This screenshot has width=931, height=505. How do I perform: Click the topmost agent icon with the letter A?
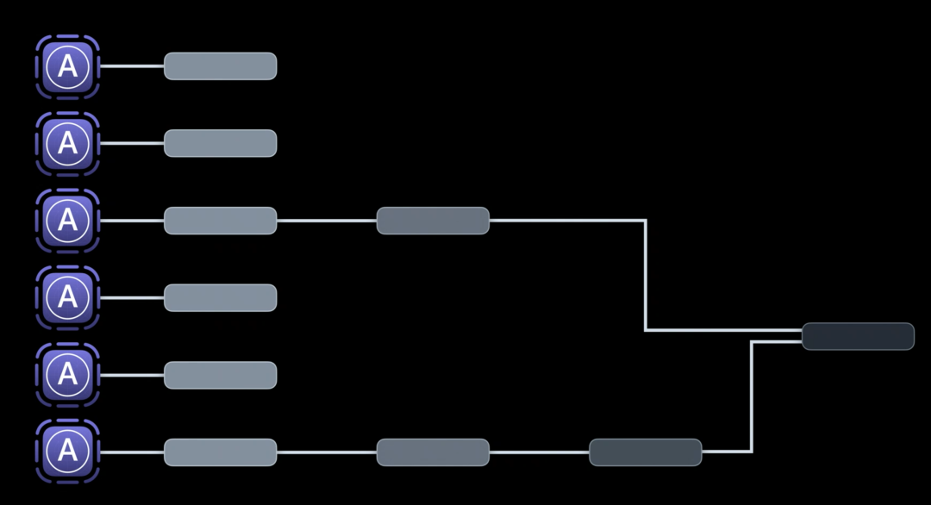click(67, 66)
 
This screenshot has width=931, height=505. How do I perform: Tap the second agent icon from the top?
click(67, 143)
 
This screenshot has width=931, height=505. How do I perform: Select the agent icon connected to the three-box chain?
click(67, 452)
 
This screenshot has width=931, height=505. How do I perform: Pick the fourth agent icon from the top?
click(67, 297)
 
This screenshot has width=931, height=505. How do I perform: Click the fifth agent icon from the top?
click(67, 375)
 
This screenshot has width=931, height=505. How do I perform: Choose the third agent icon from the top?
click(67, 221)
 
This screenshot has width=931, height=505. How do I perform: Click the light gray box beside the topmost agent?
click(220, 66)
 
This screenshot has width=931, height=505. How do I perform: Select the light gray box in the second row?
click(220, 143)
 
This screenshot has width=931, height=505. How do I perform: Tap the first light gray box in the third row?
click(220, 221)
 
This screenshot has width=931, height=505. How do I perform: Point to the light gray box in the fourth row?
click(220, 297)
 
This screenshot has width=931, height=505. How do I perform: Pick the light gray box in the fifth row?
click(220, 375)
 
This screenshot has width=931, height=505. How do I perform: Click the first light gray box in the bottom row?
click(220, 452)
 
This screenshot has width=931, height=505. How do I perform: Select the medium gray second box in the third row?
click(433, 221)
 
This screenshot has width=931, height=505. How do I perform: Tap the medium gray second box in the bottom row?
click(433, 452)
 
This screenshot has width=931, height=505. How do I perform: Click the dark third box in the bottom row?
click(645, 452)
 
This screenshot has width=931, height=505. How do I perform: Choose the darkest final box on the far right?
click(858, 336)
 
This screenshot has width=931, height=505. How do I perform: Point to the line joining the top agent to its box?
click(131, 66)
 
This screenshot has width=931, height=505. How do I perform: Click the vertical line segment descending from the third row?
click(646, 276)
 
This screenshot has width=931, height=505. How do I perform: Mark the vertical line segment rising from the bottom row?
click(752, 396)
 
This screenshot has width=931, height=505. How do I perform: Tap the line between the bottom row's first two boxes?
click(327, 452)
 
